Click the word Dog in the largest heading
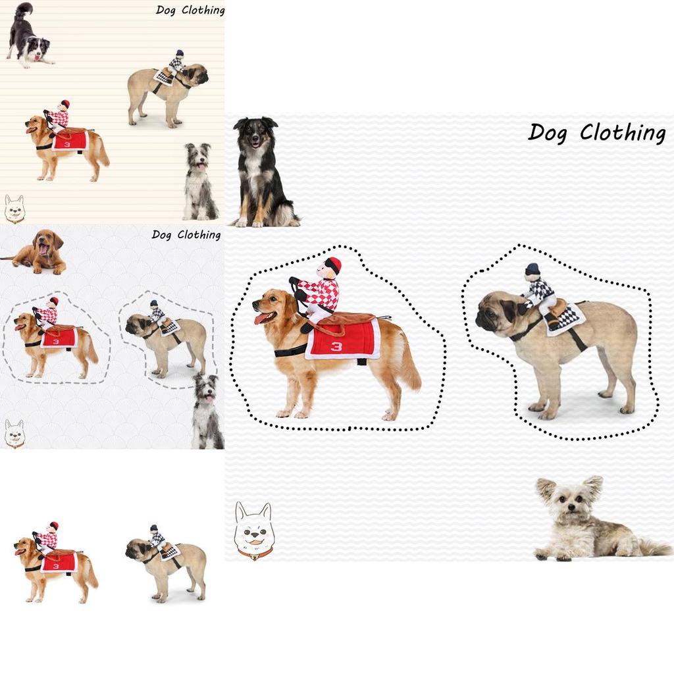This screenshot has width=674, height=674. click(x=548, y=133)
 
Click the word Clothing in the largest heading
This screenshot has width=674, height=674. click(x=623, y=132)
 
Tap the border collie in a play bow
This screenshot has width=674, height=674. click(x=29, y=36)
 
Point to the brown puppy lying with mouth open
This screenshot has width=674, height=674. click(x=37, y=252)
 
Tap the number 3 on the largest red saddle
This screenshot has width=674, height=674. click(x=336, y=346)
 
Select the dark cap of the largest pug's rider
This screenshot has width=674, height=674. click(x=532, y=269)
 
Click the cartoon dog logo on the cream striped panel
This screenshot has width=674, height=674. click(x=14, y=209)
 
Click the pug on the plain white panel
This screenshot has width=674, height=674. click(x=166, y=563)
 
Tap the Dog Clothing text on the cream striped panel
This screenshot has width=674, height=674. click(x=190, y=10)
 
